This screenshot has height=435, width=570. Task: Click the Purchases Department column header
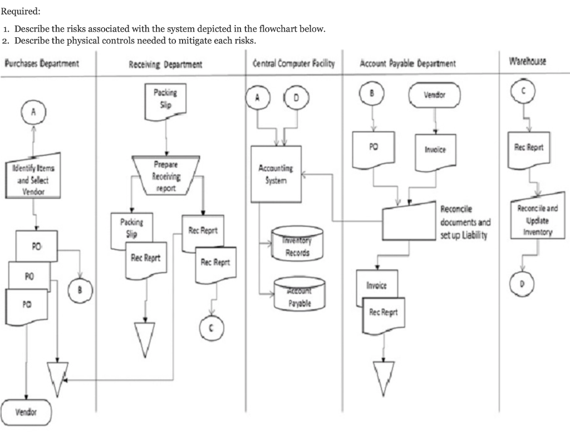point(41,63)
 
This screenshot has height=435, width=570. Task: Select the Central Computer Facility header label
point(293,63)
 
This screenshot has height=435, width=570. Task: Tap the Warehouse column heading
point(527,61)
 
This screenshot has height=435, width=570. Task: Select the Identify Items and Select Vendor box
point(33,179)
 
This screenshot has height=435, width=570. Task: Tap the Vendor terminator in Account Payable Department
point(434,95)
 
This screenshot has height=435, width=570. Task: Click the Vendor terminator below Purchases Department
point(26,412)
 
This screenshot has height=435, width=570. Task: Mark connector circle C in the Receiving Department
point(210,328)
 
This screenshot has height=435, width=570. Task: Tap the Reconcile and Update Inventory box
point(537,217)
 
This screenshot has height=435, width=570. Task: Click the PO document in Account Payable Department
point(374,150)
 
